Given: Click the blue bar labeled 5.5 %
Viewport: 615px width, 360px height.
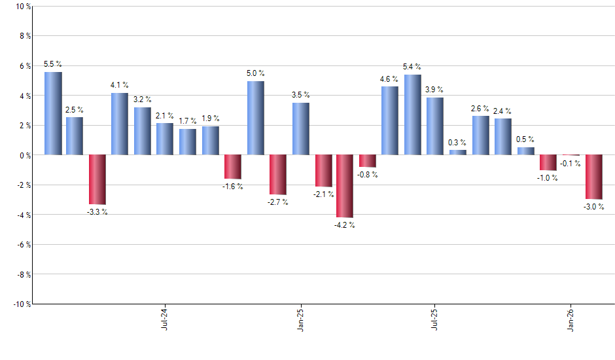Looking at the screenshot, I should point(53,113).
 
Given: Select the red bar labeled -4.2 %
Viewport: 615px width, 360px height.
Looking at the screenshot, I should point(345,186).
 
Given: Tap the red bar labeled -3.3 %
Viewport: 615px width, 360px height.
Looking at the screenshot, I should point(97,179).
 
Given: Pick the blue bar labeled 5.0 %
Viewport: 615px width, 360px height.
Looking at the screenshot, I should point(256,118).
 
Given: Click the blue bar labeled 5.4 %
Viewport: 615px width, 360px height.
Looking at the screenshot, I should point(412,115).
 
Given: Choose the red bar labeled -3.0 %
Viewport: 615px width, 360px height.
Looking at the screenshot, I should point(593,177).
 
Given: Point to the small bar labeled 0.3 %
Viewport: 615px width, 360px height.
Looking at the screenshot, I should point(458,153).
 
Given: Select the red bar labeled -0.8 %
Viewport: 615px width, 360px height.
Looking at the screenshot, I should point(368,161).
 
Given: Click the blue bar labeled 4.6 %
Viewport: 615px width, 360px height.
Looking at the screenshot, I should point(390,120).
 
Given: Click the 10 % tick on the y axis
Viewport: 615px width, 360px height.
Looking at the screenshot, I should point(22,7).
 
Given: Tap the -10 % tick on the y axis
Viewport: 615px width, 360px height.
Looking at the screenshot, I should point(21,304).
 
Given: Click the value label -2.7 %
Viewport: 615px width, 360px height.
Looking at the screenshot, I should point(277,202).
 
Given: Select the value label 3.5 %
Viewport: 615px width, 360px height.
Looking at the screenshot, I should point(301,95).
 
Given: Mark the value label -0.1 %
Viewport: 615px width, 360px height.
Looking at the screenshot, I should point(570,163).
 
